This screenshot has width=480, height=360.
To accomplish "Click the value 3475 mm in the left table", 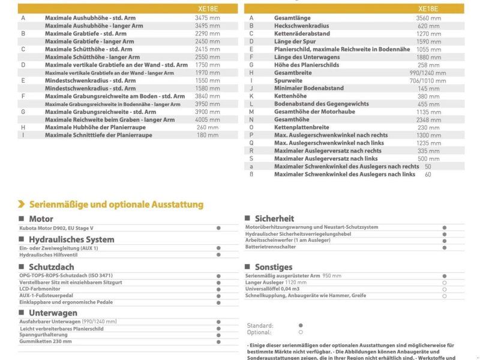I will (207, 18).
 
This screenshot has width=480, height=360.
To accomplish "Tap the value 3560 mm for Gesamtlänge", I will (428, 18).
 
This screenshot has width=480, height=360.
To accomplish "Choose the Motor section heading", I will (41, 219).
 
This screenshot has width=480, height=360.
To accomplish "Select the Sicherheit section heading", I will (274, 218).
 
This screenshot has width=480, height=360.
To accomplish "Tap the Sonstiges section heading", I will (274, 267).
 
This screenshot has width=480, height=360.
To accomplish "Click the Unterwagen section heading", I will (53, 313).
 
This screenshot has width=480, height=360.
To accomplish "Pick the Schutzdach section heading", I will (52, 266).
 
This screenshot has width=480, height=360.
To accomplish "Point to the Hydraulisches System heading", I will (71, 239).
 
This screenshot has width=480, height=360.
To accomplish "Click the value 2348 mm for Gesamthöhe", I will (428, 119).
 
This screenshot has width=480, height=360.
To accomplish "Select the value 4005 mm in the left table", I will (207, 119).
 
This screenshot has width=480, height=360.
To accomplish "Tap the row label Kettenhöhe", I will (290, 96).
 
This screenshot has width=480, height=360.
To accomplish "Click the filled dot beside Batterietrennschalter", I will (445, 247).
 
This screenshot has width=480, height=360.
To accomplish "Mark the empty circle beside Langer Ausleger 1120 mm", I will (445, 282).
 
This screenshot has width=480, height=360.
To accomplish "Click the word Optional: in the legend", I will (259, 332).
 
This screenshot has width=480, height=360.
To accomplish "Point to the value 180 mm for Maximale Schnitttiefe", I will (207, 135).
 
